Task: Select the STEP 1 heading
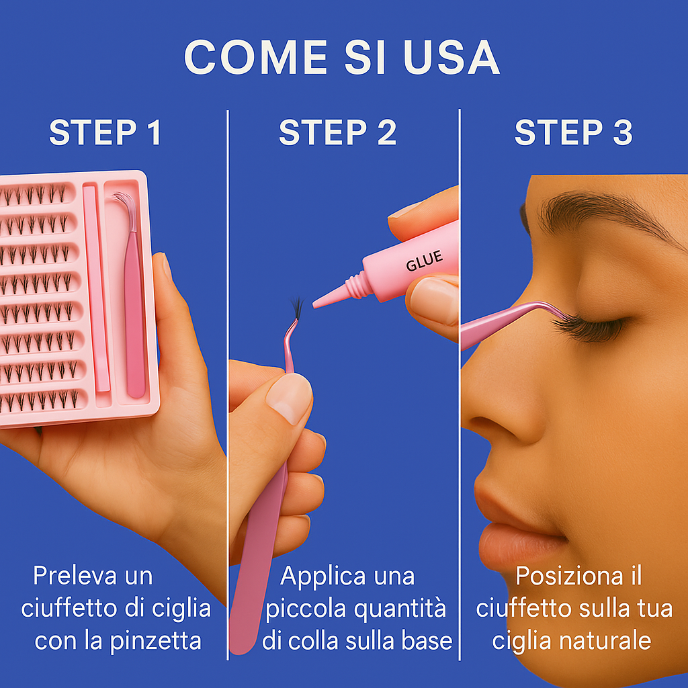tap(105, 132)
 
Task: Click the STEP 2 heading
tap(337, 132)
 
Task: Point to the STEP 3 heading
tap(573, 132)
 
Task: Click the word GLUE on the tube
tap(424, 261)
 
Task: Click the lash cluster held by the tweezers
tap(296, 308)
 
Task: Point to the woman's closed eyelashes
tap(585, 327)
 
